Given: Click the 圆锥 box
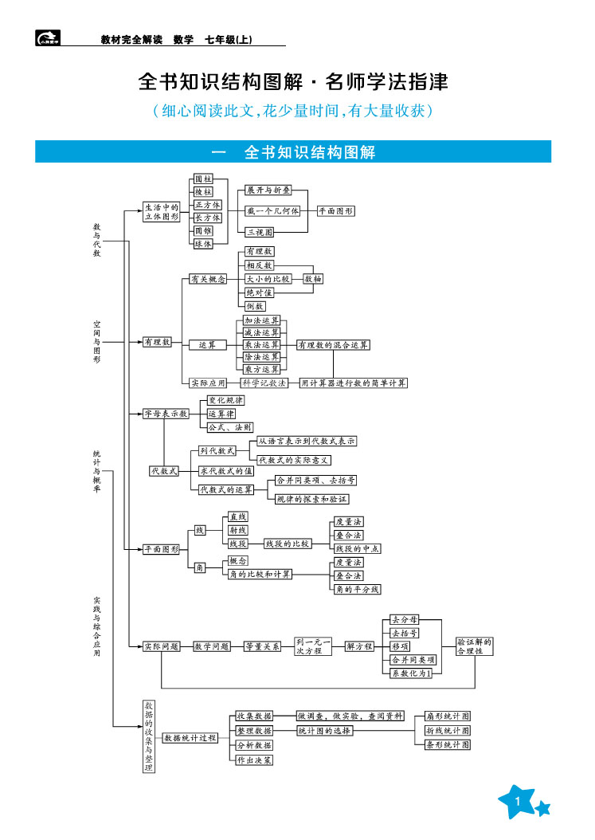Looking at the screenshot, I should [x=203, y=230].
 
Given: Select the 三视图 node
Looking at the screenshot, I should [x=260, y=232].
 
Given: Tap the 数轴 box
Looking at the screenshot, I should [x=313, y=279].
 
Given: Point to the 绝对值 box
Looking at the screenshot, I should [x=259, y=292].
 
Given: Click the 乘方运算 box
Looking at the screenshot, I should [x=261, y=370].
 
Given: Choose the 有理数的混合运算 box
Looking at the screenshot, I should [x=333, y=345].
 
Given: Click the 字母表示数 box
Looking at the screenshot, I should [x=165, y=414].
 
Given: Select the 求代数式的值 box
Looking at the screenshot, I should [x=226, y=471].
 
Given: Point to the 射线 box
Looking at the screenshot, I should [x=237, y=530].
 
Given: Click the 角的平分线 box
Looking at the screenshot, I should [x=358, y=589].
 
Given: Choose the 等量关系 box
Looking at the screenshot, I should [x=262, y=646].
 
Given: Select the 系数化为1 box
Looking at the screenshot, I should [x=411, y=673].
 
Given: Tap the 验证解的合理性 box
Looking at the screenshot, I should [x=475, y=646].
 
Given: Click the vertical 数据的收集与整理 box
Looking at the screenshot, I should [x=148, y=736].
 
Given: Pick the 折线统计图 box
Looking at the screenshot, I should [x=448, y=730].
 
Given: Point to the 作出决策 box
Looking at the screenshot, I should [x=254, y=760].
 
